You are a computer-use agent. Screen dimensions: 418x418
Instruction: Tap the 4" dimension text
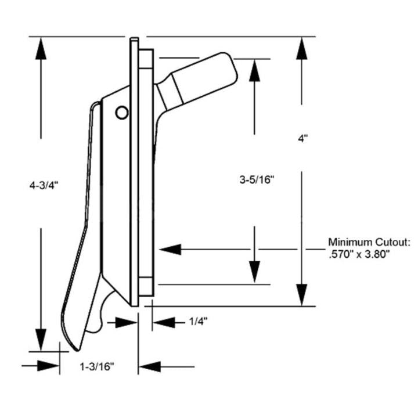tap(302, 139)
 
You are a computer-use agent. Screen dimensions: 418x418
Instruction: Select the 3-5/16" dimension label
tap(255, 179)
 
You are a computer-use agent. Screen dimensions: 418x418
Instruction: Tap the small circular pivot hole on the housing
tap(121, 113)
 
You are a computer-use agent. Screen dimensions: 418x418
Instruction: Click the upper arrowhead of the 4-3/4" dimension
tap(40, 49)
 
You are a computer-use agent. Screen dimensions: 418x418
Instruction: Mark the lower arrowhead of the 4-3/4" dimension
tap(40, 339)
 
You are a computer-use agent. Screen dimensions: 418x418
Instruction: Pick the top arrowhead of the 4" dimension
tap(301, 49)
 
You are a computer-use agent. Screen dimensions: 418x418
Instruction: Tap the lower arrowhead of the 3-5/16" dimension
tap(255, 273)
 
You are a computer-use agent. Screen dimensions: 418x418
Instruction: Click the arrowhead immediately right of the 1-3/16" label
tap(149, 366)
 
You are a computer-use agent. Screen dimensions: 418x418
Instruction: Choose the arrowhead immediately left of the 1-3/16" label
tap(49, 366)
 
